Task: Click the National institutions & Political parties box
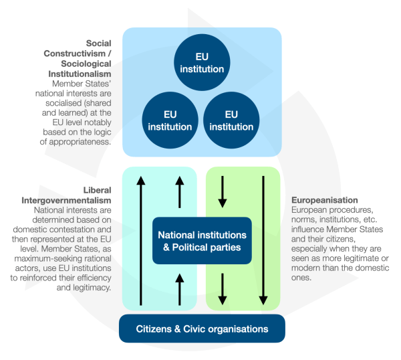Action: (x=202, y=242)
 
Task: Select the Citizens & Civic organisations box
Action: (x=202, y=329)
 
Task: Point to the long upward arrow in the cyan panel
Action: (x=140, y=241)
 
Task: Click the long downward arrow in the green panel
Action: (x=264, y=241)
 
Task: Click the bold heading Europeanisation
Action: (x=324, y=200)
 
